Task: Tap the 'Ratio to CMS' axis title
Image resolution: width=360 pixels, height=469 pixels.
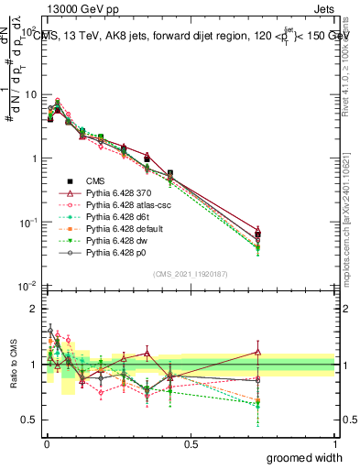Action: (x=13, y=365)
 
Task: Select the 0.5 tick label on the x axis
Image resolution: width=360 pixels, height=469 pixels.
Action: (x=191, y=443)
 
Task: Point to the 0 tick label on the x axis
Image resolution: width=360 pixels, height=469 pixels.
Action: (x=46, y=443)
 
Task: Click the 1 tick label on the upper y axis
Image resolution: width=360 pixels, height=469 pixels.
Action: (x=32, y=158)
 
